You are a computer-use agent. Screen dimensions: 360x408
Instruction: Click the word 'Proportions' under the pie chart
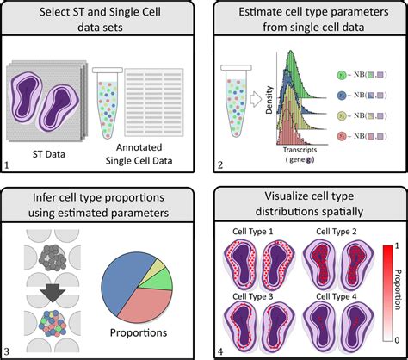click(x=143, y=332)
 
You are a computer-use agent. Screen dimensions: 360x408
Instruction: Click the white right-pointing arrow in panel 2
click(x=256, y=98)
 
